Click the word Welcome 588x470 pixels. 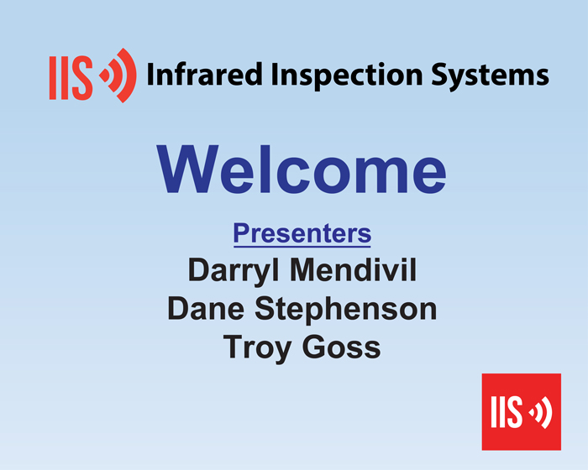click(302, 169)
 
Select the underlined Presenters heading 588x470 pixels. click(302, 234)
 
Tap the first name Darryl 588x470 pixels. click(234, 271)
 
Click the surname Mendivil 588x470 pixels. click(354, 269)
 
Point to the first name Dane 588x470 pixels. click(206, 308)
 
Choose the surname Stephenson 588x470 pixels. click(346, 310)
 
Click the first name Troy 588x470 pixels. click(257, 348)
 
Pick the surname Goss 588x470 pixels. click(341, 347)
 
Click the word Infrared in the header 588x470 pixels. click(204, 74)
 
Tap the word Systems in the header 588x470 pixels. click(490, 76)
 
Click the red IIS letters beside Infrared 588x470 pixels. click(71, 78)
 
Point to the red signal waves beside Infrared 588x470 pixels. click(118, 76)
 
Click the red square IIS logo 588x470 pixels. click(522, 411)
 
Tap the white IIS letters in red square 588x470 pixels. click(507, 411)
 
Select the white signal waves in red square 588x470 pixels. click(541, 412)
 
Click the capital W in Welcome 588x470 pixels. click(188, 169)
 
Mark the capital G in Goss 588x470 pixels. click(314, 347)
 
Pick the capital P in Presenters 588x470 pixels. click(242, 233)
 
